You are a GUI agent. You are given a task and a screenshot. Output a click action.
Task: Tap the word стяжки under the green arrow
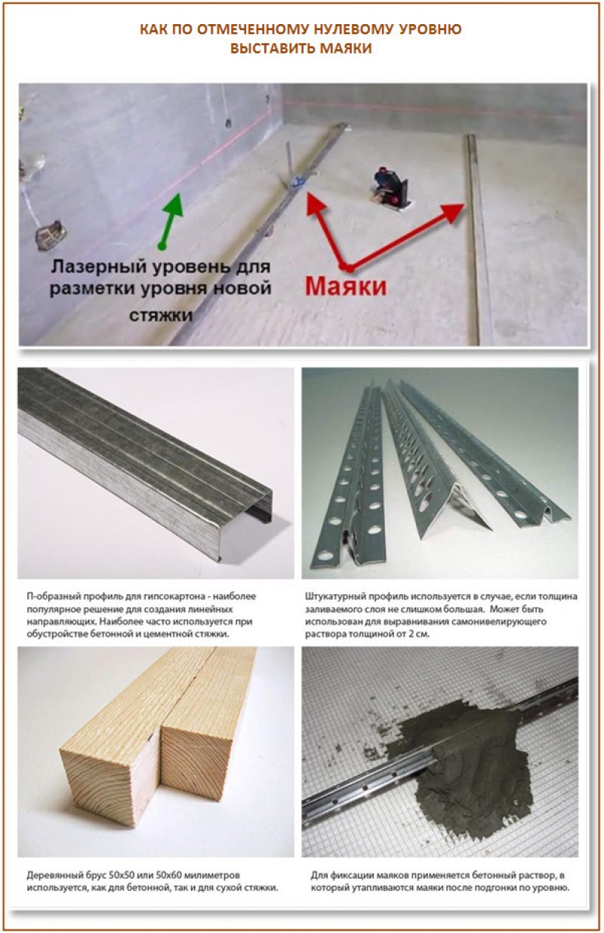165,316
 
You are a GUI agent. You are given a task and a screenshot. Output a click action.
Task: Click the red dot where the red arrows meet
346,266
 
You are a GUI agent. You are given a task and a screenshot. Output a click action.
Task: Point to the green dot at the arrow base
161,245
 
